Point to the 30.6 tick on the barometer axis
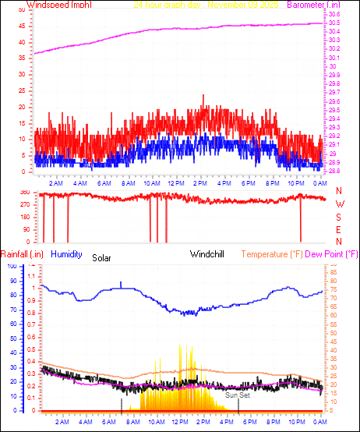[x=334, y=15]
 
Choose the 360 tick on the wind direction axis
[x=24, y=193]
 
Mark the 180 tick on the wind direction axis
[x=24, y=218]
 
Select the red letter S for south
[x=339, y=218]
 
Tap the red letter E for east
[x=339, y=230]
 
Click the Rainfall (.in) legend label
[x=22, y=254]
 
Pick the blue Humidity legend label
[x=68, y=254]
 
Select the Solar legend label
[x=102, y=257]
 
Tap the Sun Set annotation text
[x=237, y=395]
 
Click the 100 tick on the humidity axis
[x=12, y=266]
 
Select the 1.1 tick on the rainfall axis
[x=32, y=276]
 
